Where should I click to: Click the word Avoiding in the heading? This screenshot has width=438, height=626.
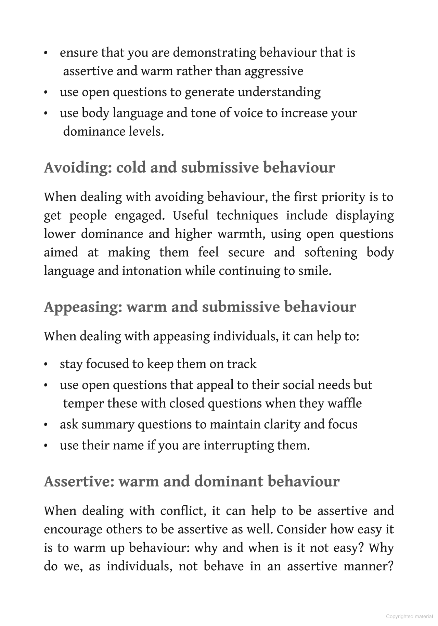pyautogui.click(x=78, y=168)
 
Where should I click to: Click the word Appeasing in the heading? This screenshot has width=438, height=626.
pyautogui.click(x=83, y=307)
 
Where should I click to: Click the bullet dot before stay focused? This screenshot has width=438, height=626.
pyautogui.click(x=46, y=365)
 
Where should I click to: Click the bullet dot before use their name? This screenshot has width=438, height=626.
pyautogui.click(x=46, y=446)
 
